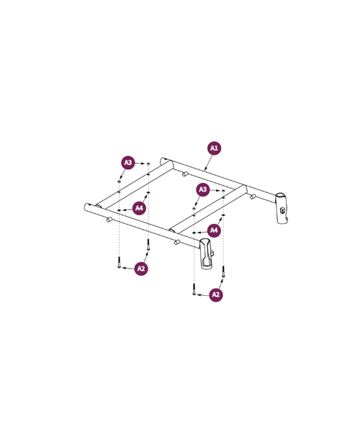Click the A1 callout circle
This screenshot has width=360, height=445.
pos(214,148)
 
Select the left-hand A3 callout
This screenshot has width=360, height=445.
pos(127,163)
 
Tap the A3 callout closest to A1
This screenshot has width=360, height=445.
pos(203,189)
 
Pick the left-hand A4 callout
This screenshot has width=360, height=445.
pos(139,208)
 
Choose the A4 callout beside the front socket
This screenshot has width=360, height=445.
pos(213,230)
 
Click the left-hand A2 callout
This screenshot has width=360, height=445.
pos(141,269)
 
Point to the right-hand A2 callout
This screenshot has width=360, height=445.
pos(215,295)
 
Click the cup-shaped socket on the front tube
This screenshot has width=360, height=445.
pos(207,254)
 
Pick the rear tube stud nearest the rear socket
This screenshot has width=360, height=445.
pos(253,196)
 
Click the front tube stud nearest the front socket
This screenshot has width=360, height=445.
pos(176,242)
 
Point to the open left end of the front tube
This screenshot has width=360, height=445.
pos(87,207)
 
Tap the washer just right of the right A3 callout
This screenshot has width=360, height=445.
pos(223,191)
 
